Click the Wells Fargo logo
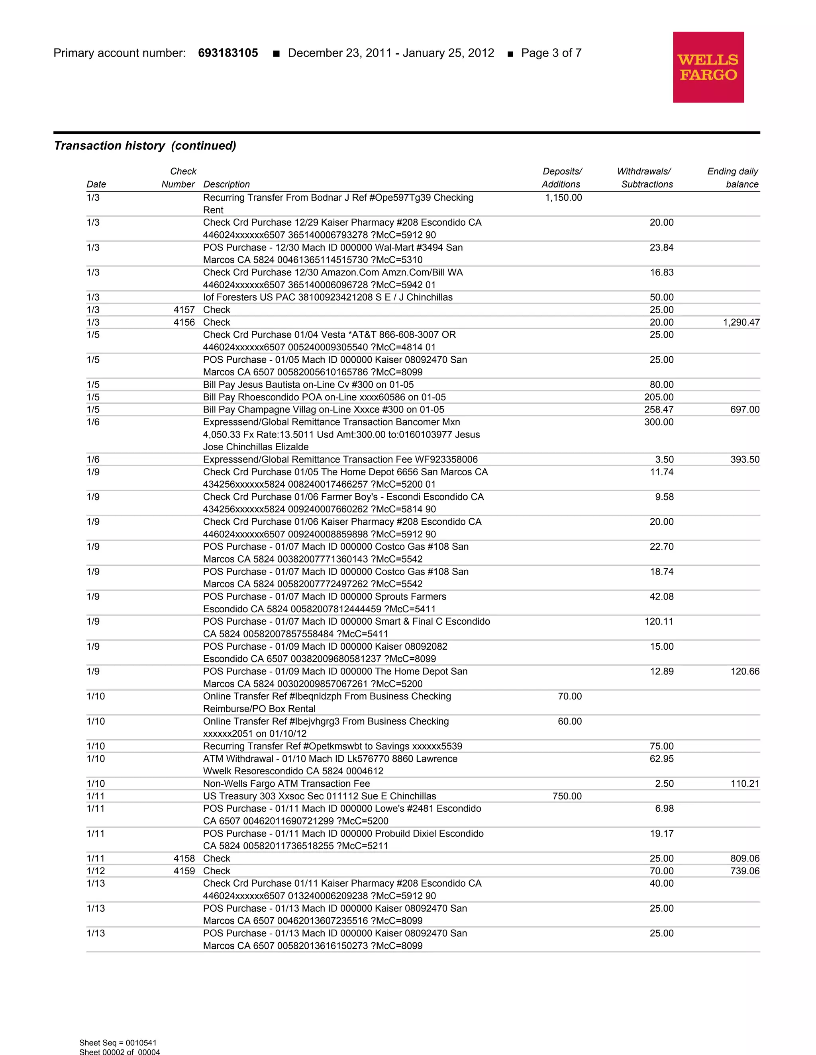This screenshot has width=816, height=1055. click(708, 67)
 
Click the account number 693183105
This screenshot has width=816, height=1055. click(228, 53)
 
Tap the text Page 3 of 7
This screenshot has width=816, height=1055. click(551, 53)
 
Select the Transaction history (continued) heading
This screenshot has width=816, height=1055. click(145, 146)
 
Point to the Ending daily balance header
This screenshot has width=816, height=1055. click(733, 178)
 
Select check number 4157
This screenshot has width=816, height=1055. click(184, 310)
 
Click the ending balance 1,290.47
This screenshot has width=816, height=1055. click(741, 322)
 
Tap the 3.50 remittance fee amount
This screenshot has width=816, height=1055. click(664, 459)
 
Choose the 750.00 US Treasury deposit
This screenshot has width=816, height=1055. click(567, 796)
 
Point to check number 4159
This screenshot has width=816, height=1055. click(184, 871)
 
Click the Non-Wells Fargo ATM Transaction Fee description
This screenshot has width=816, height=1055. click(286, 783)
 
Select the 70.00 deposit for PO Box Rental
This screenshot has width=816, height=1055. click(569, 696)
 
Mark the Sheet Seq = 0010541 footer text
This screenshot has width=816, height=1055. click(118, 1042)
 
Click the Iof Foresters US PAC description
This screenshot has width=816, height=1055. click(328, 297)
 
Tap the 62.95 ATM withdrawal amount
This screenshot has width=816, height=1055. click(661, 758)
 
